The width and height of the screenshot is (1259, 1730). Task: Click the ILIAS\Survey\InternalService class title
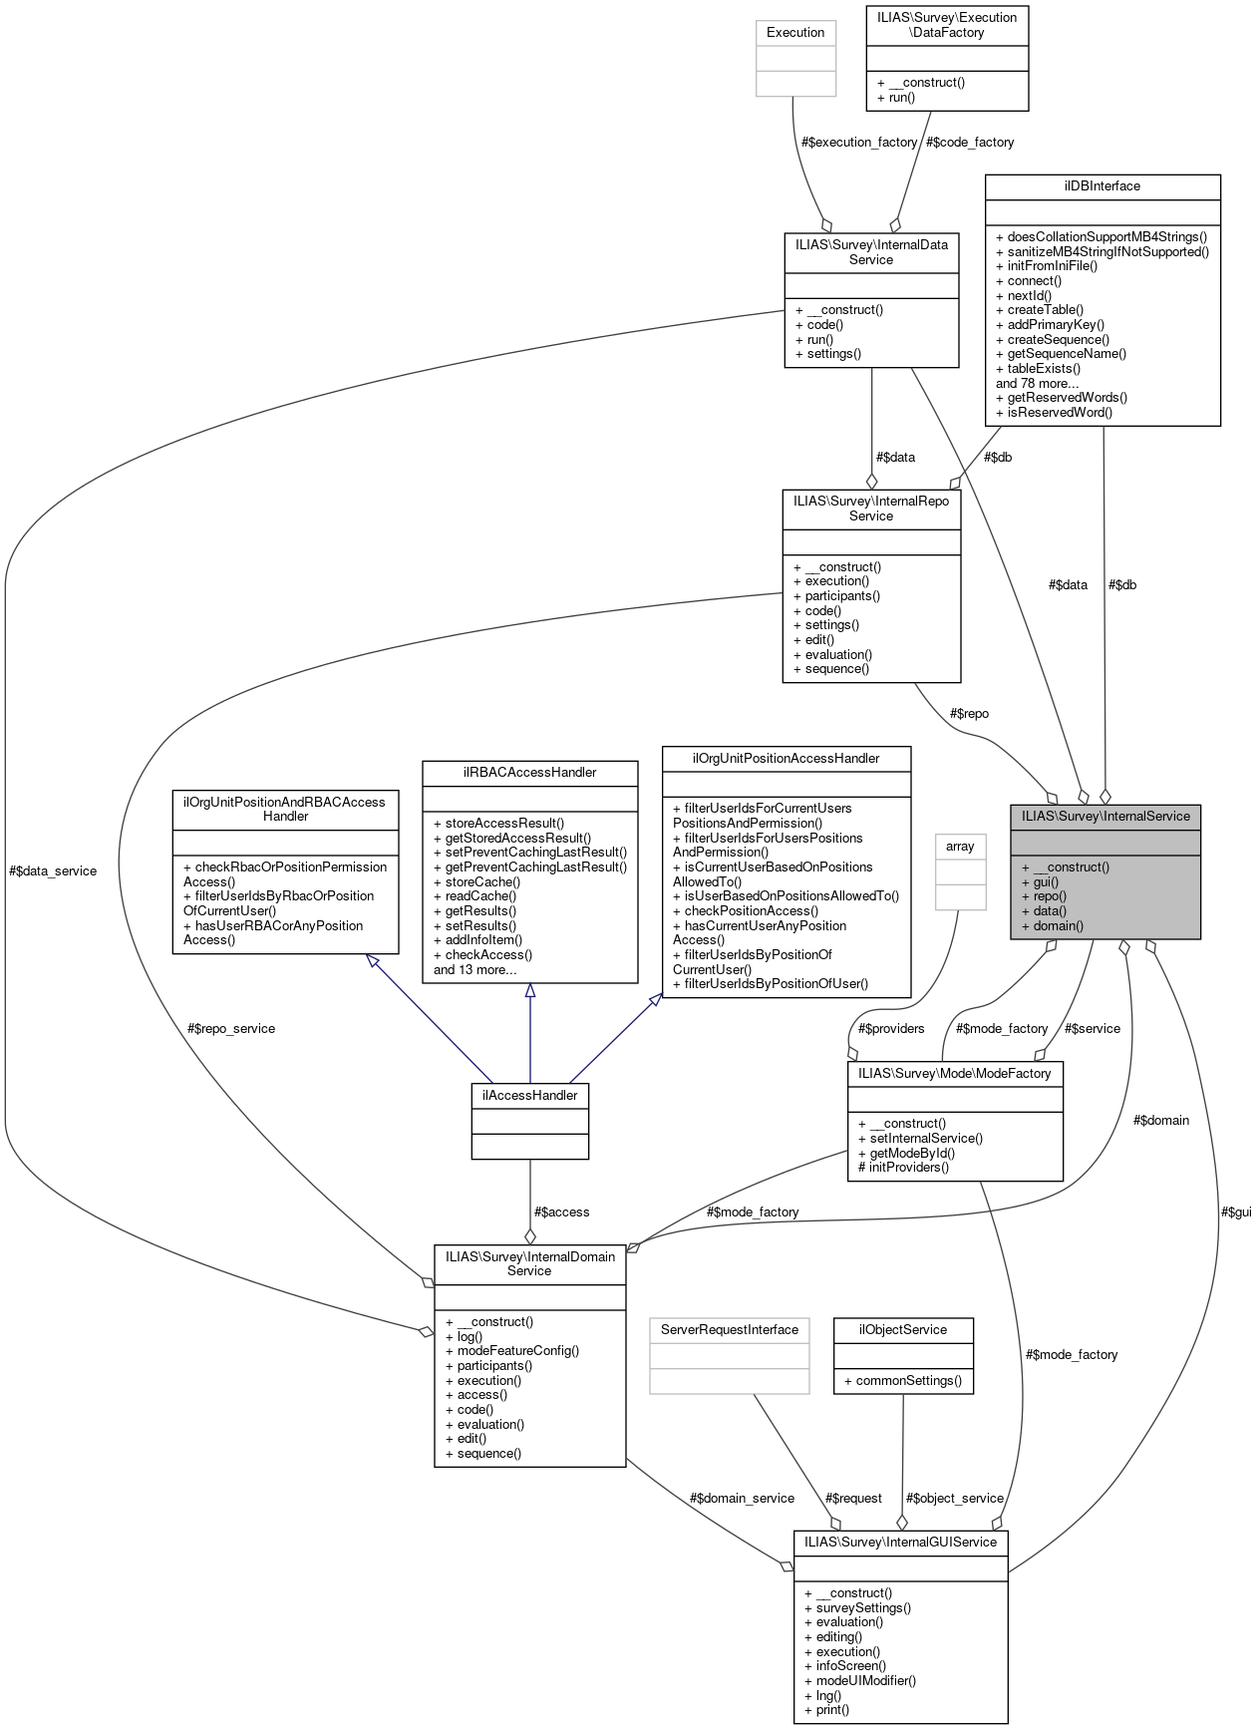(1104, 816)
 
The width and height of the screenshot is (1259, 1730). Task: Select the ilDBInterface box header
(1102, 186)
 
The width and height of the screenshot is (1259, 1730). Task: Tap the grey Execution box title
(795, 33)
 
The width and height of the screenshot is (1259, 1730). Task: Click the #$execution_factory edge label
(859, 142)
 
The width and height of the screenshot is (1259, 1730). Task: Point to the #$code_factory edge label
(970, 142)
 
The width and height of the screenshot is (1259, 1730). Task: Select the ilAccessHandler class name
(529, 1095)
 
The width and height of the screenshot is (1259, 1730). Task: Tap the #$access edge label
(561, 1211)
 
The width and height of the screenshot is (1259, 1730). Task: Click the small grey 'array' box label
(960, 846)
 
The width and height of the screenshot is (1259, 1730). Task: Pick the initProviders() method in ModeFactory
(903, 1167)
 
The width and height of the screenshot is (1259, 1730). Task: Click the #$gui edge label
(1235, 1211)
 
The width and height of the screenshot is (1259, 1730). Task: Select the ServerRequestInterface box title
(729, 1329)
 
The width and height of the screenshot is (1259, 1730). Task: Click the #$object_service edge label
(954, 1498)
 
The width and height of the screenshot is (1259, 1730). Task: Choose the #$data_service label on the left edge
(53, 870)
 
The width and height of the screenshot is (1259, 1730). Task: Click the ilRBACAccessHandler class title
(529, 772)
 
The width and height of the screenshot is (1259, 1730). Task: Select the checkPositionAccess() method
(745, 910)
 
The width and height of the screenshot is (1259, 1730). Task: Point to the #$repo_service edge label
(230, 1028)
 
